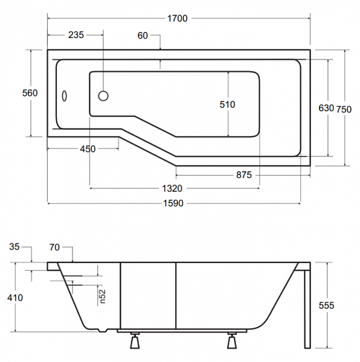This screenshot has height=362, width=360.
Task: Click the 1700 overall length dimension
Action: (x=177, y=19)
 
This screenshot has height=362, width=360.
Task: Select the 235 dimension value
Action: (x=76, y=35)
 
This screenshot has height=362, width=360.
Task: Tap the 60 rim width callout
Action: (x=143, y=36)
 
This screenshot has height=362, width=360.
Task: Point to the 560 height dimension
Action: (x=30, y=93)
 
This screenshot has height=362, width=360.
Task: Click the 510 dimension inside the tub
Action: (x=227, y=104)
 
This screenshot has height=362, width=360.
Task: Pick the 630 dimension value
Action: (x=326, y=108)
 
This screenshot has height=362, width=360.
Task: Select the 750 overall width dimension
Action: (x=344, y=109)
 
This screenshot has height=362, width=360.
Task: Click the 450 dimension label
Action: (x=88, y=149)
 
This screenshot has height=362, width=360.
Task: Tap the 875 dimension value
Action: (x=244, y=175)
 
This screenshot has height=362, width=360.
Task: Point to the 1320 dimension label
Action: (x=172, y=189)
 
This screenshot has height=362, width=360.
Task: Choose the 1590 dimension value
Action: (x=173, y=203)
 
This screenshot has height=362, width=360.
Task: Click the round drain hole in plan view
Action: (x=103, y=96)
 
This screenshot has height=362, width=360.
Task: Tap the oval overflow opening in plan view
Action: (x=65, y=96)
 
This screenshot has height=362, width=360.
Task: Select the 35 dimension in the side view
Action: (x=14, y=247)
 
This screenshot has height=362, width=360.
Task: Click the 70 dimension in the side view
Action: (x=54, y=247)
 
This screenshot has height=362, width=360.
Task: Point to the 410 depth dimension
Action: (x=15, y=297)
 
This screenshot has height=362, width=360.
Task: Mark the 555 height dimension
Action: (x=327, y=305)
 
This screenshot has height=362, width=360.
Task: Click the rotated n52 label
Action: (x=102, y=296)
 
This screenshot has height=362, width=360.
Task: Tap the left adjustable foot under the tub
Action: (x=135, y=340)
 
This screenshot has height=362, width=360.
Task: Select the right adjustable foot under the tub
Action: (x=232, y=340)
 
